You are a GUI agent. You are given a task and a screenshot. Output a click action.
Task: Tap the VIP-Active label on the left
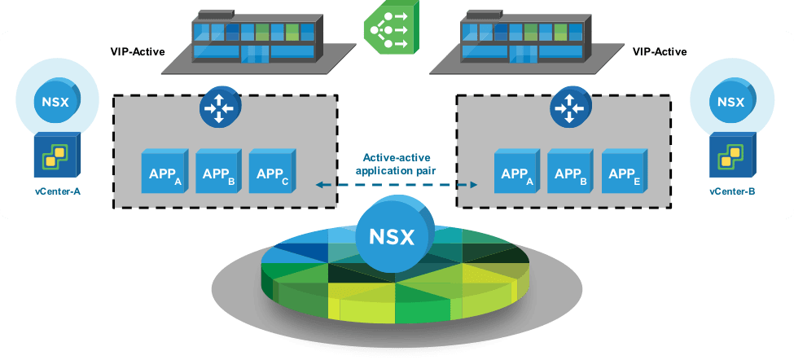138,52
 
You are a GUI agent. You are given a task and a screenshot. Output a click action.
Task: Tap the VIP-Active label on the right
660,52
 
